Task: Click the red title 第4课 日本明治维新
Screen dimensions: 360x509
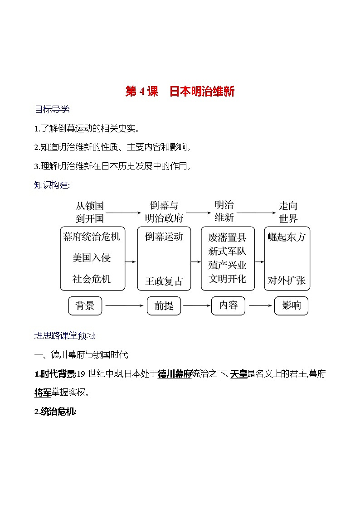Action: [x=180, y=92]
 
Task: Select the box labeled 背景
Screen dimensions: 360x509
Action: [x=85, y=305]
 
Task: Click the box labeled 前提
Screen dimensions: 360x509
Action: [x=164, y=306]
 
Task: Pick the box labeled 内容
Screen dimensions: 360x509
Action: [x=228, y=305]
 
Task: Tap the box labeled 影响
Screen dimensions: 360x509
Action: [x=291, y=305]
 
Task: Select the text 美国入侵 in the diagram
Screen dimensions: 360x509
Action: [x=92, y=258]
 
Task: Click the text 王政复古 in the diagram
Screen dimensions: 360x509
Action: [x=164, y=281]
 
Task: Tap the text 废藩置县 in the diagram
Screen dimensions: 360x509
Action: [x=228, y=237]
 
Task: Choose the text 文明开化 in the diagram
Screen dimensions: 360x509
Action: [x=228, y=279]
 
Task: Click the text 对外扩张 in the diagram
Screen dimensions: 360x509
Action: [x=287, y=281]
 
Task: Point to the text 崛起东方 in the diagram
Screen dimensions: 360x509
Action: [x=287, y=237]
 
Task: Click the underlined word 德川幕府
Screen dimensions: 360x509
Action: [x=175, y=374]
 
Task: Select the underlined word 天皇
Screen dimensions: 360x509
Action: [x=238, y=374]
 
